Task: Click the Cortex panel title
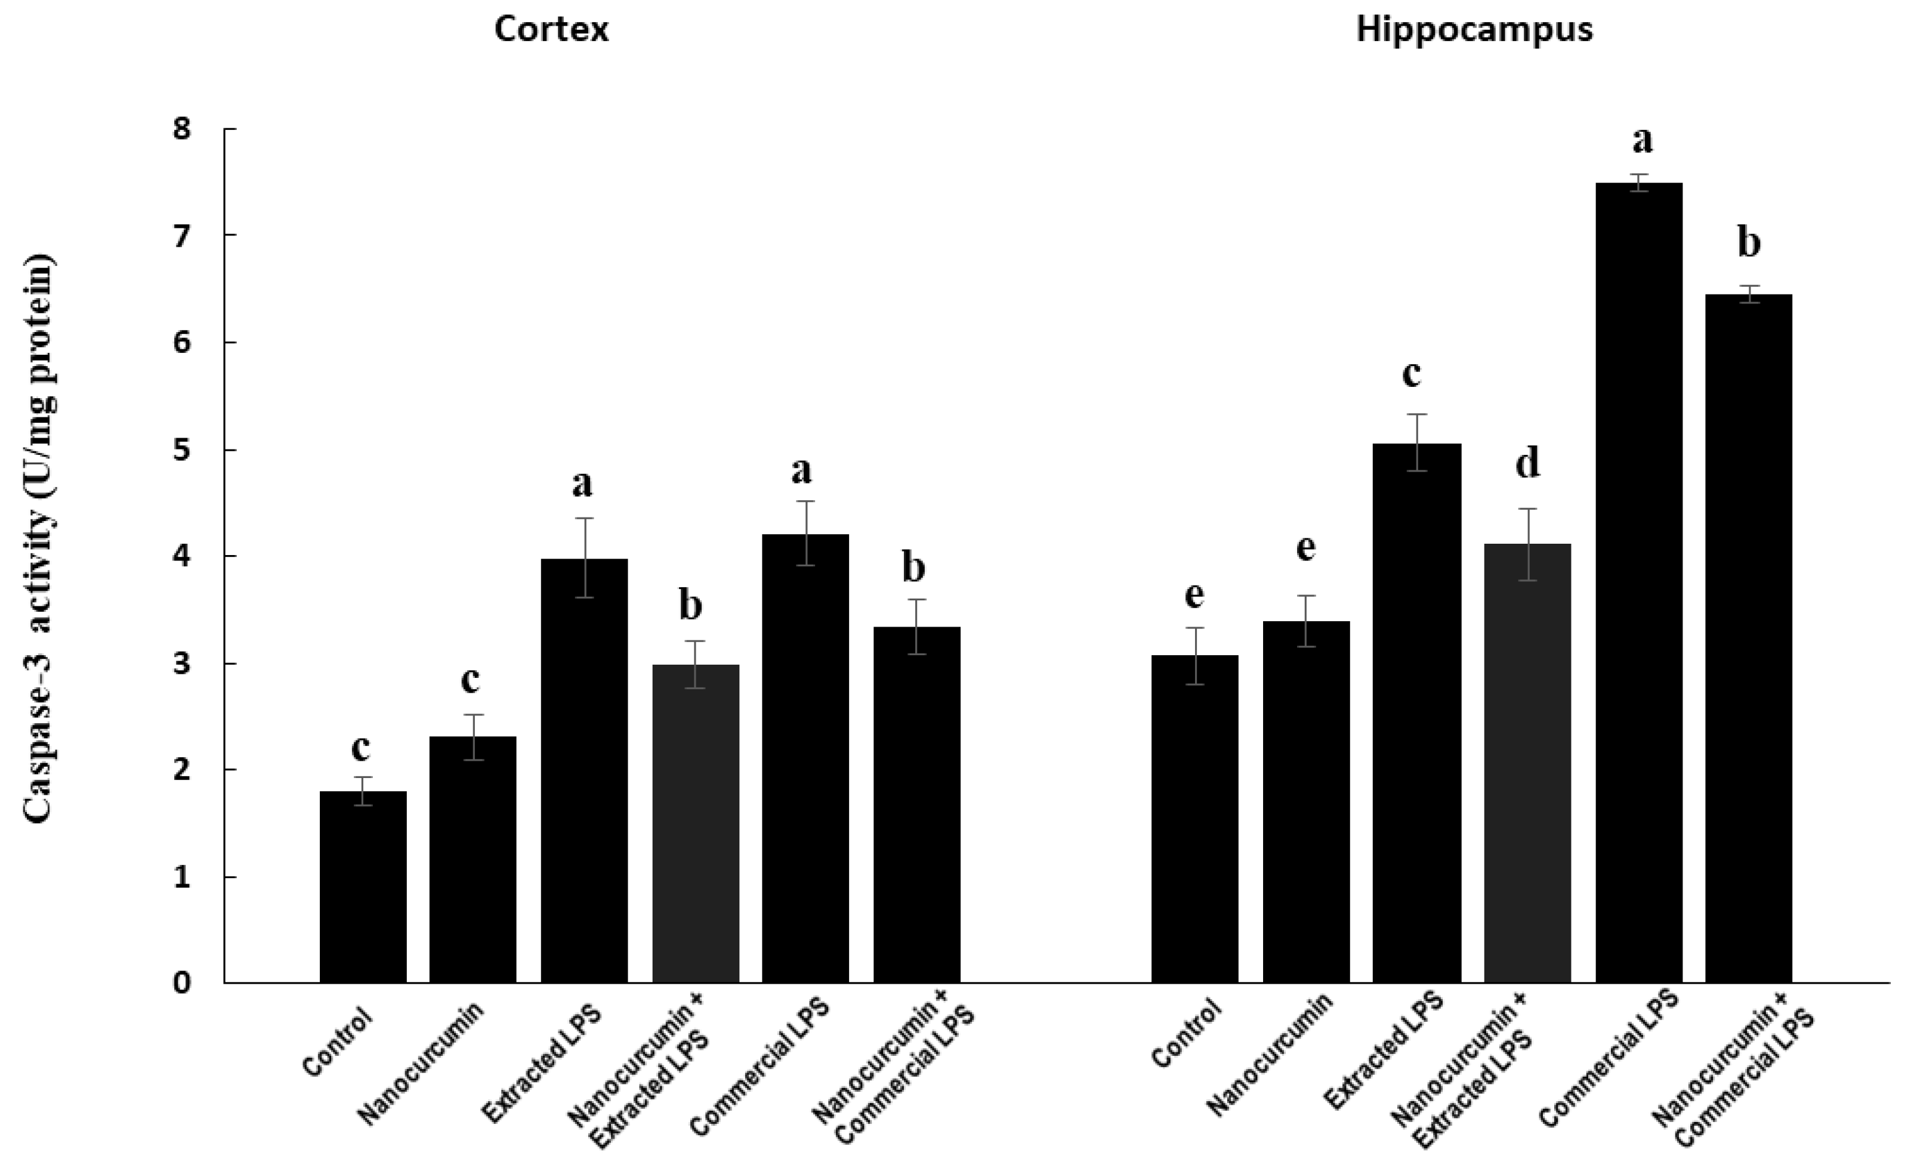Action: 551,29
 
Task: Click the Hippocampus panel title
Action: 1474,29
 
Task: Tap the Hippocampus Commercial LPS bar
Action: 1638,582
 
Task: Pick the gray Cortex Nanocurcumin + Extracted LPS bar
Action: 695,823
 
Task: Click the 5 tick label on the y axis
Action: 182,450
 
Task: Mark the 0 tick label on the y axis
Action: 182,984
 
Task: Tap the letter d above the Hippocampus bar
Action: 1527,464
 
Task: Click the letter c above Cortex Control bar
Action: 360,748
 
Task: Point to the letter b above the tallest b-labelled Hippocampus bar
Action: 1749,244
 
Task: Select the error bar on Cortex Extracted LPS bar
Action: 584,557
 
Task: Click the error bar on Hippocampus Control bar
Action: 1194,655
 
